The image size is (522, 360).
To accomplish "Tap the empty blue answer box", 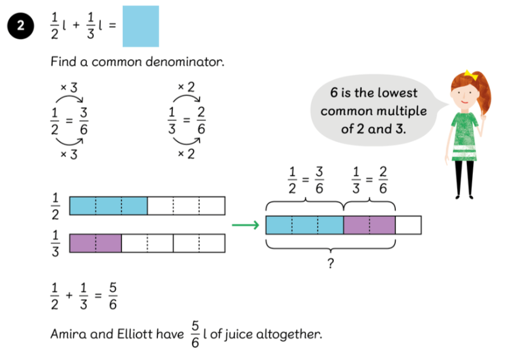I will click(x=141, y=26).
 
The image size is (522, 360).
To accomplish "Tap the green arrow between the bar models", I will click(x=245, y=225).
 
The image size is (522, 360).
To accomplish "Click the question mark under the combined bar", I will click(x=330, y=264).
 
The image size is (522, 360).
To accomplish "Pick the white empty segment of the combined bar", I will click(x=408, y=225).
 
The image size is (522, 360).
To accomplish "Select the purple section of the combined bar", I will click(x=369, y=225).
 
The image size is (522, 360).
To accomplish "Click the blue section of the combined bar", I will click(x=304, y=225).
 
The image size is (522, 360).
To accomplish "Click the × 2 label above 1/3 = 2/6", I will click(x=186, y=87).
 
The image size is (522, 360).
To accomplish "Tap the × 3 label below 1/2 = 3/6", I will click(x=69, y=155).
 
